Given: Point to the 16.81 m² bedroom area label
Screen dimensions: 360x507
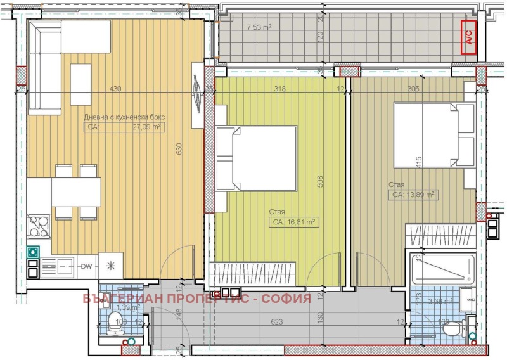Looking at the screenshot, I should [x=295, y=222].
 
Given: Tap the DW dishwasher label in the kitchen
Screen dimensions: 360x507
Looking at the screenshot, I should [x=86, y=266].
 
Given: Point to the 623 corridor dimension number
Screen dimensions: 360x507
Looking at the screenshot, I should [x=276, y=321].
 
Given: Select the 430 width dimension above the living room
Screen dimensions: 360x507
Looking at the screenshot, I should [x=115, y=89].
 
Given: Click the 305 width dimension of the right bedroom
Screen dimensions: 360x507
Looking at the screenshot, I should [x=413, y=89].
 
